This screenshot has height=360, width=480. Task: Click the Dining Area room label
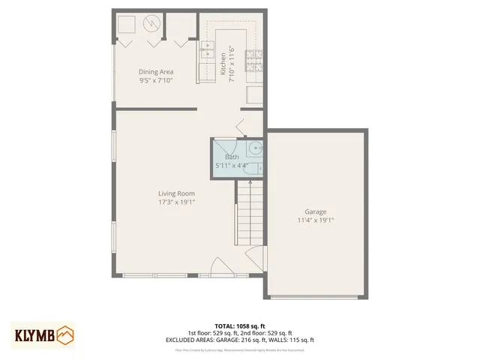point(156,72)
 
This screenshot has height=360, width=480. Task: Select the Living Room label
point(176,193)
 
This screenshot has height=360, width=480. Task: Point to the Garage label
point(315,211)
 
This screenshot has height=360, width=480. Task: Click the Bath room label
point(232,157)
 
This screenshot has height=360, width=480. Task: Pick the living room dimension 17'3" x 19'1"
point(176,202)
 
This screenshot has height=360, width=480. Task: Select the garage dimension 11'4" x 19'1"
point(315,220)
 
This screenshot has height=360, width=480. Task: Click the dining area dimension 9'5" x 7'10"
point(156,80)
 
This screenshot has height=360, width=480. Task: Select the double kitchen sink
point(208,52)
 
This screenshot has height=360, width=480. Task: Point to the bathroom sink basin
point(253,148)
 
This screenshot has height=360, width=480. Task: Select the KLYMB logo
point(43,334)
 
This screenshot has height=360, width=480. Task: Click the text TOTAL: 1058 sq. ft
point(239,326)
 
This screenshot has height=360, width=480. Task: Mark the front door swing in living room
point(220,267)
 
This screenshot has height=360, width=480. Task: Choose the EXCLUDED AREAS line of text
point(239,340)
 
